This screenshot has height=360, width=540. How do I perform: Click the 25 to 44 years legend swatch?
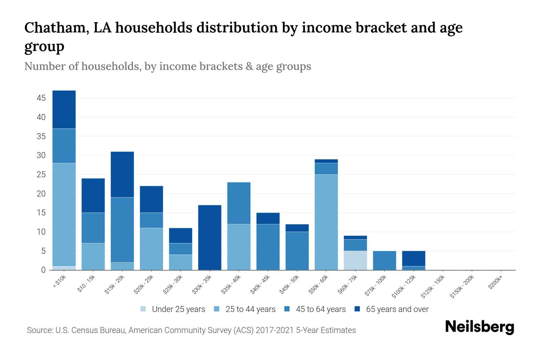pos(217,309)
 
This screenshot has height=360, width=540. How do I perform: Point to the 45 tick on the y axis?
pos(41,98)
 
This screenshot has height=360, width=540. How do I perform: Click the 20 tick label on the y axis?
pos(41,194)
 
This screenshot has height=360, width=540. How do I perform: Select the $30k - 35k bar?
pos(210,237)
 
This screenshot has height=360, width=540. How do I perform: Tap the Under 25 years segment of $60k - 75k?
pos(355,260)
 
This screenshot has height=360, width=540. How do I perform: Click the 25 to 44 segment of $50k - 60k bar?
pos(326,222)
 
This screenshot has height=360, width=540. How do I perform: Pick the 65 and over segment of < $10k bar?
pos(64,109)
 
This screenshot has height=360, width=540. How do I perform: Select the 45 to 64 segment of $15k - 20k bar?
pos(122,230)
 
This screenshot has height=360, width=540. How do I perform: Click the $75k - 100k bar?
pos(384,260)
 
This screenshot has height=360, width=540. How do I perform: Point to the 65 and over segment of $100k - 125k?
pos(413,258)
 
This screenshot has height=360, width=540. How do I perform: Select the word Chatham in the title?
pos(56,28)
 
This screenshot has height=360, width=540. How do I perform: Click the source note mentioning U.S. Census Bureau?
pos(191,330)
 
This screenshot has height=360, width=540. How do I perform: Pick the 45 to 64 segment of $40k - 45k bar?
pos(268,247)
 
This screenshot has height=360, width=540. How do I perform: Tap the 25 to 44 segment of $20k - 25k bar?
pos(151,249)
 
